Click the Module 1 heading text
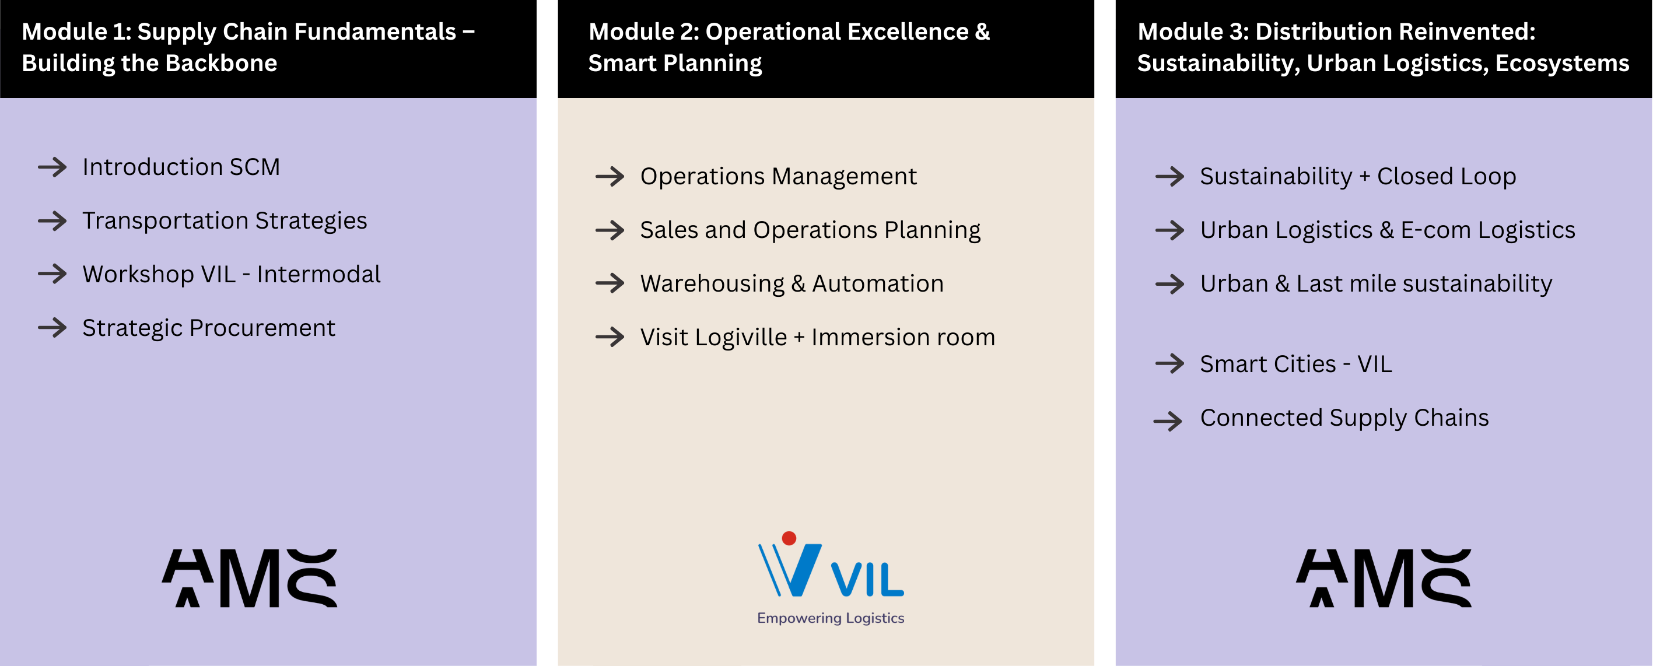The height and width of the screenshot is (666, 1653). pyautogui.click(x=248, y=47)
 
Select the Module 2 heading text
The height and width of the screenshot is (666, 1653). pyautogui.click(x=789, y=47)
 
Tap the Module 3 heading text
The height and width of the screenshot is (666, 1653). pyautogui.click(x=1383, y=47)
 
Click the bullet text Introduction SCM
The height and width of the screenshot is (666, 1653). pyautogui.click(x=181, y=167)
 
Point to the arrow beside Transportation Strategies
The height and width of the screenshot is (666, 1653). pyautogui.click(x=52, y=220)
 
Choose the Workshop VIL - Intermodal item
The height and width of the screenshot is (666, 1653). pyautogui.click(x=231, y=274)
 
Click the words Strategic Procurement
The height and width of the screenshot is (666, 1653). pyautogui.click(x=209, y=328)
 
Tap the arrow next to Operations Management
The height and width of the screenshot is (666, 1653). pyautogui.click(x=610, y=177)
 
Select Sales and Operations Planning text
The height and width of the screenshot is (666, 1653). pyautogui.click(x=810, y=230)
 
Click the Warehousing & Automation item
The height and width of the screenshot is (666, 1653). pyautogui.click(x=792, y=283)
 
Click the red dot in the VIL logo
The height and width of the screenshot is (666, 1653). pyautogui.click(x=789, y=538)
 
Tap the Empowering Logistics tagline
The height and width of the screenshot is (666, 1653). pyautogui.click(x=831, y=618)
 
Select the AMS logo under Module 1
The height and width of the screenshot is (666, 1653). pyautogui.click(x=250, y=577)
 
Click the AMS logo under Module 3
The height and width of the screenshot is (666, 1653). pyautogui.click(x=1384, y=577)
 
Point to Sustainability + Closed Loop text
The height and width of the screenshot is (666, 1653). pyautogui.click(x=1358, y=177)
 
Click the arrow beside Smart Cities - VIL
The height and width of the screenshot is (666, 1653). pyautogui.click(x=1170, y=364)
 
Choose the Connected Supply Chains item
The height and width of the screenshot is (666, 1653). pyautogui.click(x=1344, y=418)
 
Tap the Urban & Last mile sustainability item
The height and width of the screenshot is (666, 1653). pyautogui.click(x=1376, y=283)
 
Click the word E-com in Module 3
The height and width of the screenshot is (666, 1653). pyautogui.click(x=1435, y=230)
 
